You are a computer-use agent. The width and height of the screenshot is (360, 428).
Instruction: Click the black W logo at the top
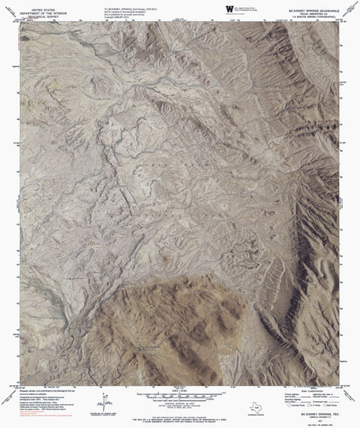click(228, 7)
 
